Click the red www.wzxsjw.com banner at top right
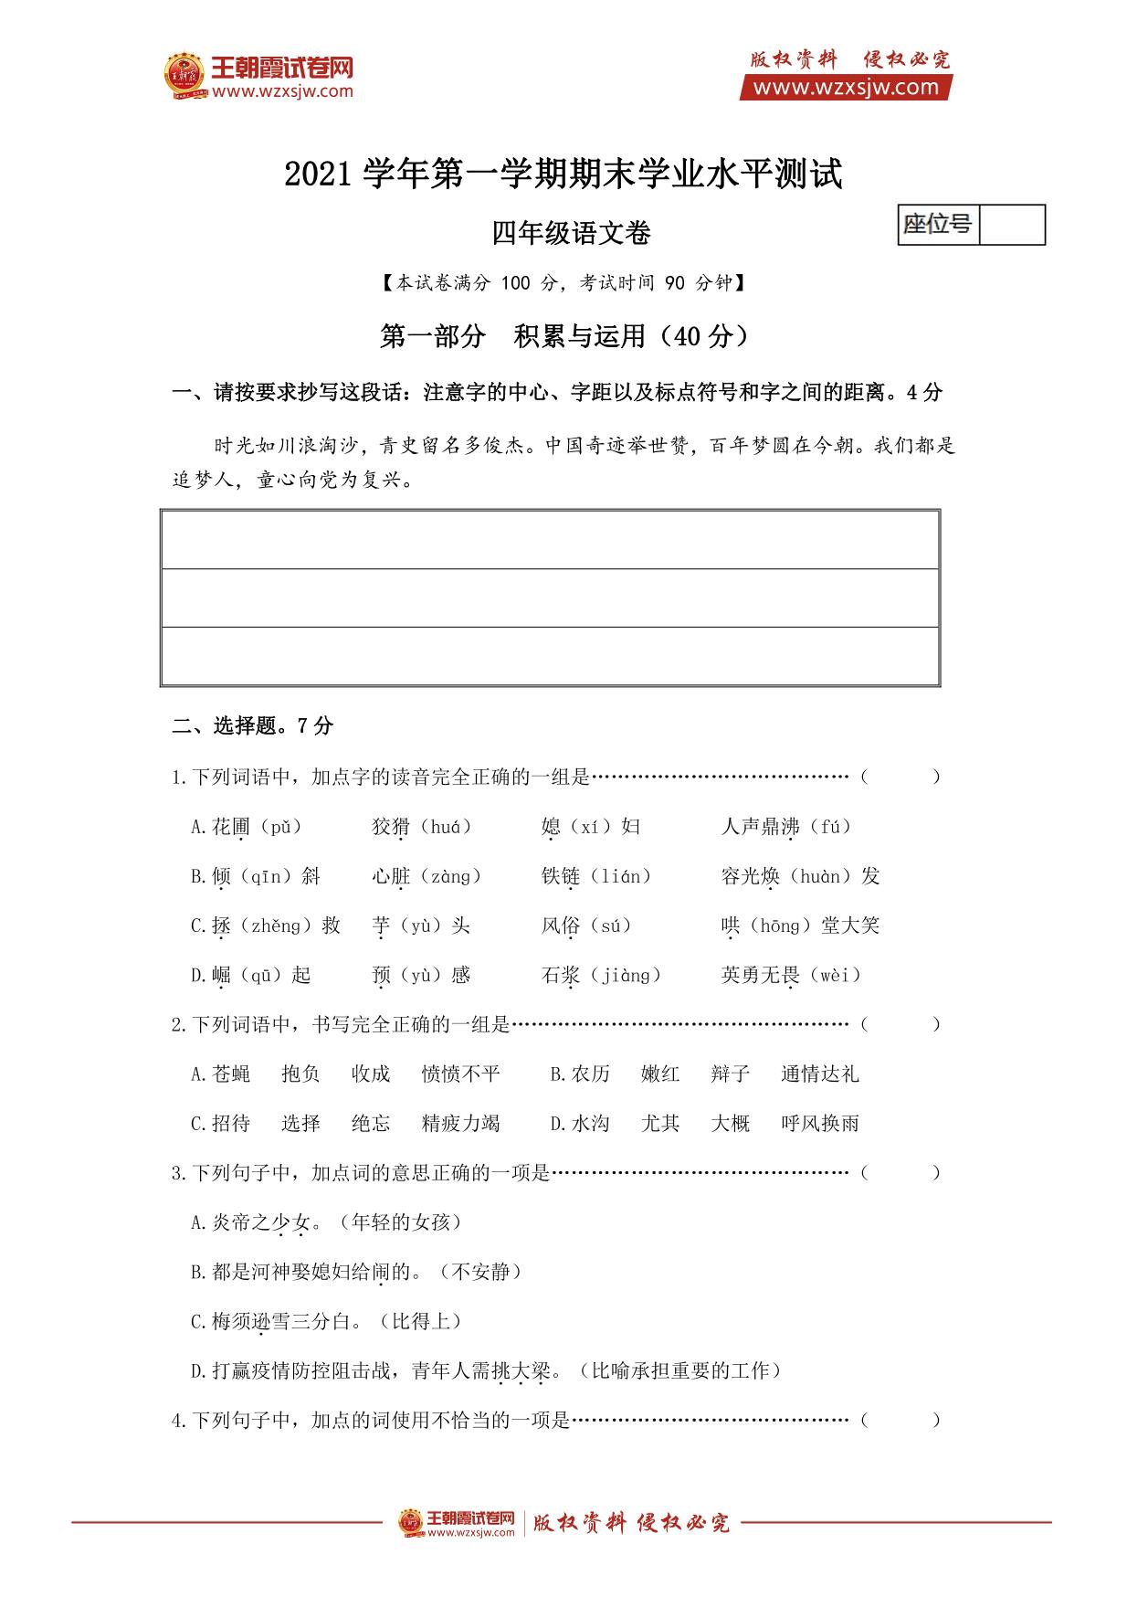[x=847, y=88]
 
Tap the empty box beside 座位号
[x=1011, y=225]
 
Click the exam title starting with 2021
[x=563, y=174]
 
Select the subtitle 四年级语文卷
[x=571, y=234]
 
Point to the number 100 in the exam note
[x=515, y=283]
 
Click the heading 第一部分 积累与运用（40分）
[x=563, y=336]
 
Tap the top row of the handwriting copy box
[x=550, y=540]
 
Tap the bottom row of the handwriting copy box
[x=550, y=655]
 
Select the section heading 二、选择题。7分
[x=253, y=725]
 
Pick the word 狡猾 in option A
[x=391, y=827]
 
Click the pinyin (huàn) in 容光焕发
[x=819, y=876]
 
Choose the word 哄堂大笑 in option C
[x=800, y=925]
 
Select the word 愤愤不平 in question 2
[x=460, y=1073]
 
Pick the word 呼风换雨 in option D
[x=820, y=1123]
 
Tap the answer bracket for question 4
[x=899, y=1420]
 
